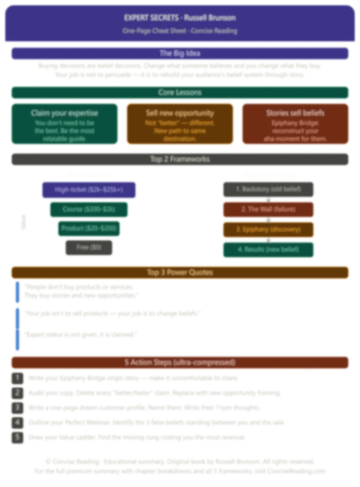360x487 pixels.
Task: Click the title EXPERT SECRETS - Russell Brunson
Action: [x=180, y=18]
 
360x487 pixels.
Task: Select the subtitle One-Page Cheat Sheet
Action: [x=180, y=31]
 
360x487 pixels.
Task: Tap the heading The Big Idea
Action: [x=180, y=53]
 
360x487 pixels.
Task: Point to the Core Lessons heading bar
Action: [x=180, y=92]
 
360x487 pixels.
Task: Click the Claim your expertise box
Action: [x=64, y=124]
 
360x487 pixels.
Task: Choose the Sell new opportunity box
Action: [x=180, y=124]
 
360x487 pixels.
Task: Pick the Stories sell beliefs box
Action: [x=295, y=124]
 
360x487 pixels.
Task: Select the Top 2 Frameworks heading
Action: [x=180, y=159]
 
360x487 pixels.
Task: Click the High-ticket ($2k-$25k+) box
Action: [x=89, y=190]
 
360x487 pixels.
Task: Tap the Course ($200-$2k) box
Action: [x=89, y=209]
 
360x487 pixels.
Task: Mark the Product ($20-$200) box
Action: [x=89, y=229]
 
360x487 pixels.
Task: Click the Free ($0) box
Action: [x=89, y=248]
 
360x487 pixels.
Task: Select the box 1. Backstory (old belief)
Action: [x=268, y=189]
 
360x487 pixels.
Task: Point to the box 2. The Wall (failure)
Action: [x=268, y=209]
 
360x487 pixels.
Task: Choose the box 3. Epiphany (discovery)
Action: [x=268, y=229]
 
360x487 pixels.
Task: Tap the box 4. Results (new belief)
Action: [x=268, y=250]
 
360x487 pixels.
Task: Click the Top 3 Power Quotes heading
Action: [x=180, y=273]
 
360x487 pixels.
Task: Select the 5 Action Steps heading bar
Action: [x=180, y=362]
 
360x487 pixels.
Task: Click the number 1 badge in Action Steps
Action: [x=17, y=378]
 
